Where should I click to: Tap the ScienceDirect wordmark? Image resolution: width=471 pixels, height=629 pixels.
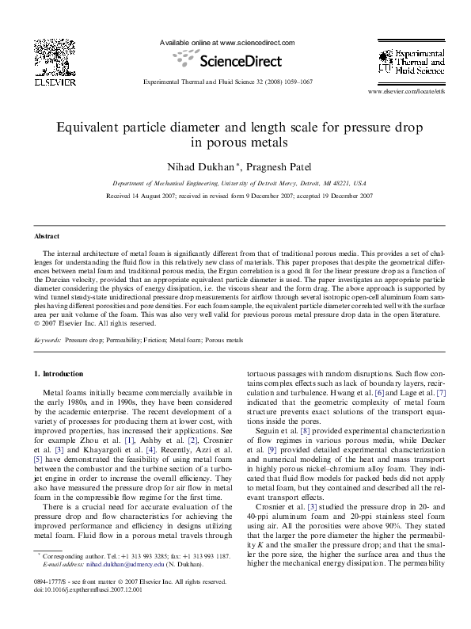coord(237,60)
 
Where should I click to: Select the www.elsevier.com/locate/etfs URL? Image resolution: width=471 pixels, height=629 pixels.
coord(407,93)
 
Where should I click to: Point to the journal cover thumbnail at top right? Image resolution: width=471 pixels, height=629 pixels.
coord(408,64)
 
